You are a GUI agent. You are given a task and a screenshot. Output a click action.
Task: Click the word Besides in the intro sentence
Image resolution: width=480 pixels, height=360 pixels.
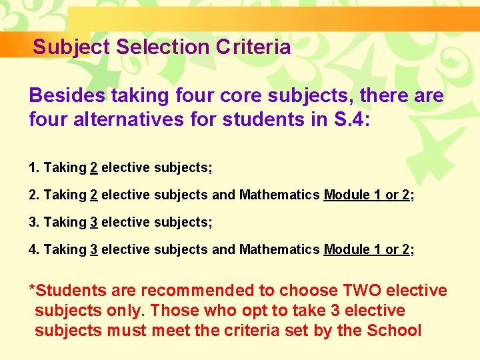[67, 96]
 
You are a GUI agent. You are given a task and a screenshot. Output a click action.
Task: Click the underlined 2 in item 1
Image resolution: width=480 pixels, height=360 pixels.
[94, 167]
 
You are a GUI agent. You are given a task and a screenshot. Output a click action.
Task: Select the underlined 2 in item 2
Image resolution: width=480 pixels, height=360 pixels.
[94, 195]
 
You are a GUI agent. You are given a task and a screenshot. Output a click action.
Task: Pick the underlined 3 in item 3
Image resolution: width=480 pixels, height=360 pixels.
[94, 222]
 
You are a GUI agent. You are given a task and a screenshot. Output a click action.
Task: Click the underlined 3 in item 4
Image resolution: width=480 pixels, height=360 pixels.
[94, 249]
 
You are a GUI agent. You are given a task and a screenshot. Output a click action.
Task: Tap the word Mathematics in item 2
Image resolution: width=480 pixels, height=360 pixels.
[279, 195]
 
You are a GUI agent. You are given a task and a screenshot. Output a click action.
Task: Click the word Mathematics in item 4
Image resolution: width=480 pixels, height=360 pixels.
[279, 249]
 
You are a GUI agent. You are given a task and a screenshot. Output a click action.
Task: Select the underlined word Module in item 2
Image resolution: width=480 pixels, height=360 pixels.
[344, 195]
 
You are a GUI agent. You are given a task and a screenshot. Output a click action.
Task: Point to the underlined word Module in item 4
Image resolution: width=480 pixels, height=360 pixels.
[344, 249]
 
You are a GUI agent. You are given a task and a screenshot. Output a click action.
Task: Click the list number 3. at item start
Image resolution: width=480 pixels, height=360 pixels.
[34, 222]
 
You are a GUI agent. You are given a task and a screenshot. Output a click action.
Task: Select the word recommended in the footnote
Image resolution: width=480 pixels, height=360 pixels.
[203, 291]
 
